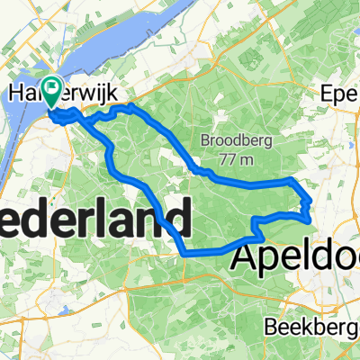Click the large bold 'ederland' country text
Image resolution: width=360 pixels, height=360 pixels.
tap(94, 219)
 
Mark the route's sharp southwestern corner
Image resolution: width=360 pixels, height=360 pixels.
tap(184, 254)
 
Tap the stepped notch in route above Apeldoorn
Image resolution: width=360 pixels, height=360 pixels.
tap(256, 225)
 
